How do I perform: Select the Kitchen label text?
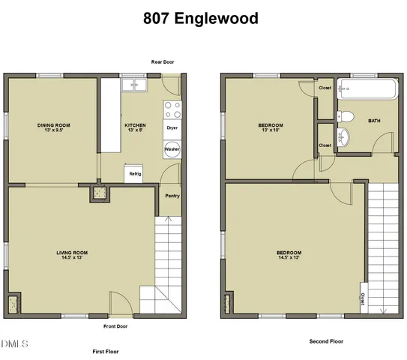coord(136,127)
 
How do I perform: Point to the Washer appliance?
coord(172,149)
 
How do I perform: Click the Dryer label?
coord(172,127)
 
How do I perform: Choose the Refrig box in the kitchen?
coord(135,173)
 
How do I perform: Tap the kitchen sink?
coord(135,85)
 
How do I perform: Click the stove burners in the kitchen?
coord(172,110)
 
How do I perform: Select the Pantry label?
coord(172,196)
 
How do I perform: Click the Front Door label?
coord(115,326)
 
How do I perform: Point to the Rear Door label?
coord(163,62)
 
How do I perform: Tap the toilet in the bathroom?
coord(346,116)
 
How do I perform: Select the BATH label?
coord(374,120)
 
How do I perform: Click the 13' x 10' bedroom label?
coord(271,127)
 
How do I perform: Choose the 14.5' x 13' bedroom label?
coord(289,255)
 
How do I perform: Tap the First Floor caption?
coord(106,351)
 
